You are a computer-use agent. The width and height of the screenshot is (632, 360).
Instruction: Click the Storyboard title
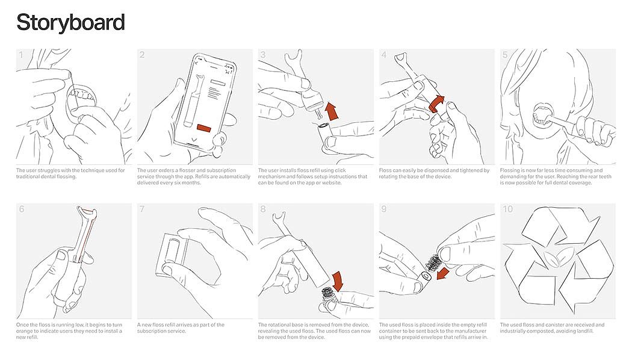point(70,23)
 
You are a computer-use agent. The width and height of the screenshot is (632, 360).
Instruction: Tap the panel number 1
point(21,54)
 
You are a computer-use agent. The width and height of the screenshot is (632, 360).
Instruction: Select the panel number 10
point(507,209)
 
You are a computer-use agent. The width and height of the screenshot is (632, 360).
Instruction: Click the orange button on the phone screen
point(204,128)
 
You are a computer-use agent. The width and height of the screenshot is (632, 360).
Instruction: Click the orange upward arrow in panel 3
point(332,111)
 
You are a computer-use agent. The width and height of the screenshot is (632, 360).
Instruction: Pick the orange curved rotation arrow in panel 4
point(437,104)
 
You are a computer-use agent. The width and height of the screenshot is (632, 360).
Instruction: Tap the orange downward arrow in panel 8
point(336,281)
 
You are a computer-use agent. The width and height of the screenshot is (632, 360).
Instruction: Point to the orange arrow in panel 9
point(443,273)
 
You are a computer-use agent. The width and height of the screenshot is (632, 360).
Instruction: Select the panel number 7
point(142,209)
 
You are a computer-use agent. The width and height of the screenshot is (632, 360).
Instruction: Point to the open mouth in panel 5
point(542,114)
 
